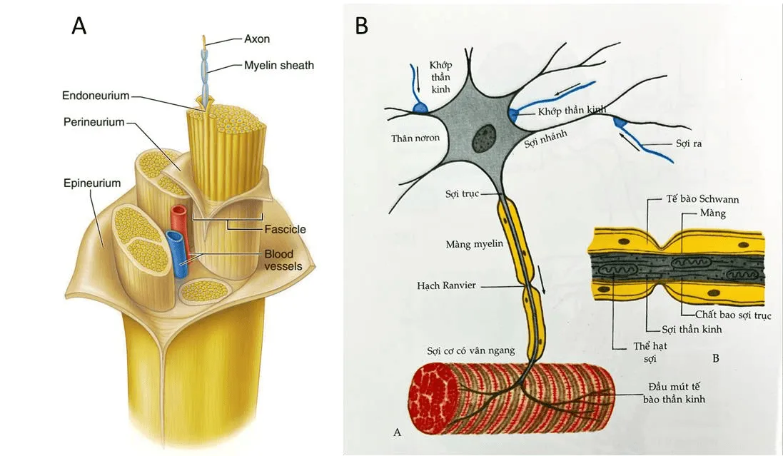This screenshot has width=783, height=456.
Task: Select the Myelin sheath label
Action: pos(279,65)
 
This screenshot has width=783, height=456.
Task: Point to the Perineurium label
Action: pos(93,122)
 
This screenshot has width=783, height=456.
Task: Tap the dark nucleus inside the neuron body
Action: pos(486,136)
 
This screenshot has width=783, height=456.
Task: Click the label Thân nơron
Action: pos(415,138)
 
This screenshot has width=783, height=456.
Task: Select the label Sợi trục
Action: pos(458,195)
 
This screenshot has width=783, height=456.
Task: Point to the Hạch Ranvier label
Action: pos(446,285)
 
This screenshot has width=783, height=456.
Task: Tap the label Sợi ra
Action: pos(689,143)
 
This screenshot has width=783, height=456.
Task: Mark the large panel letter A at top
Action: pos(79,26)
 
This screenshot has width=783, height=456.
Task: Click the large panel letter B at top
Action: pos(362,26)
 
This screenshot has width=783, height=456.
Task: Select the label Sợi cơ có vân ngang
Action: pos(470,350)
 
